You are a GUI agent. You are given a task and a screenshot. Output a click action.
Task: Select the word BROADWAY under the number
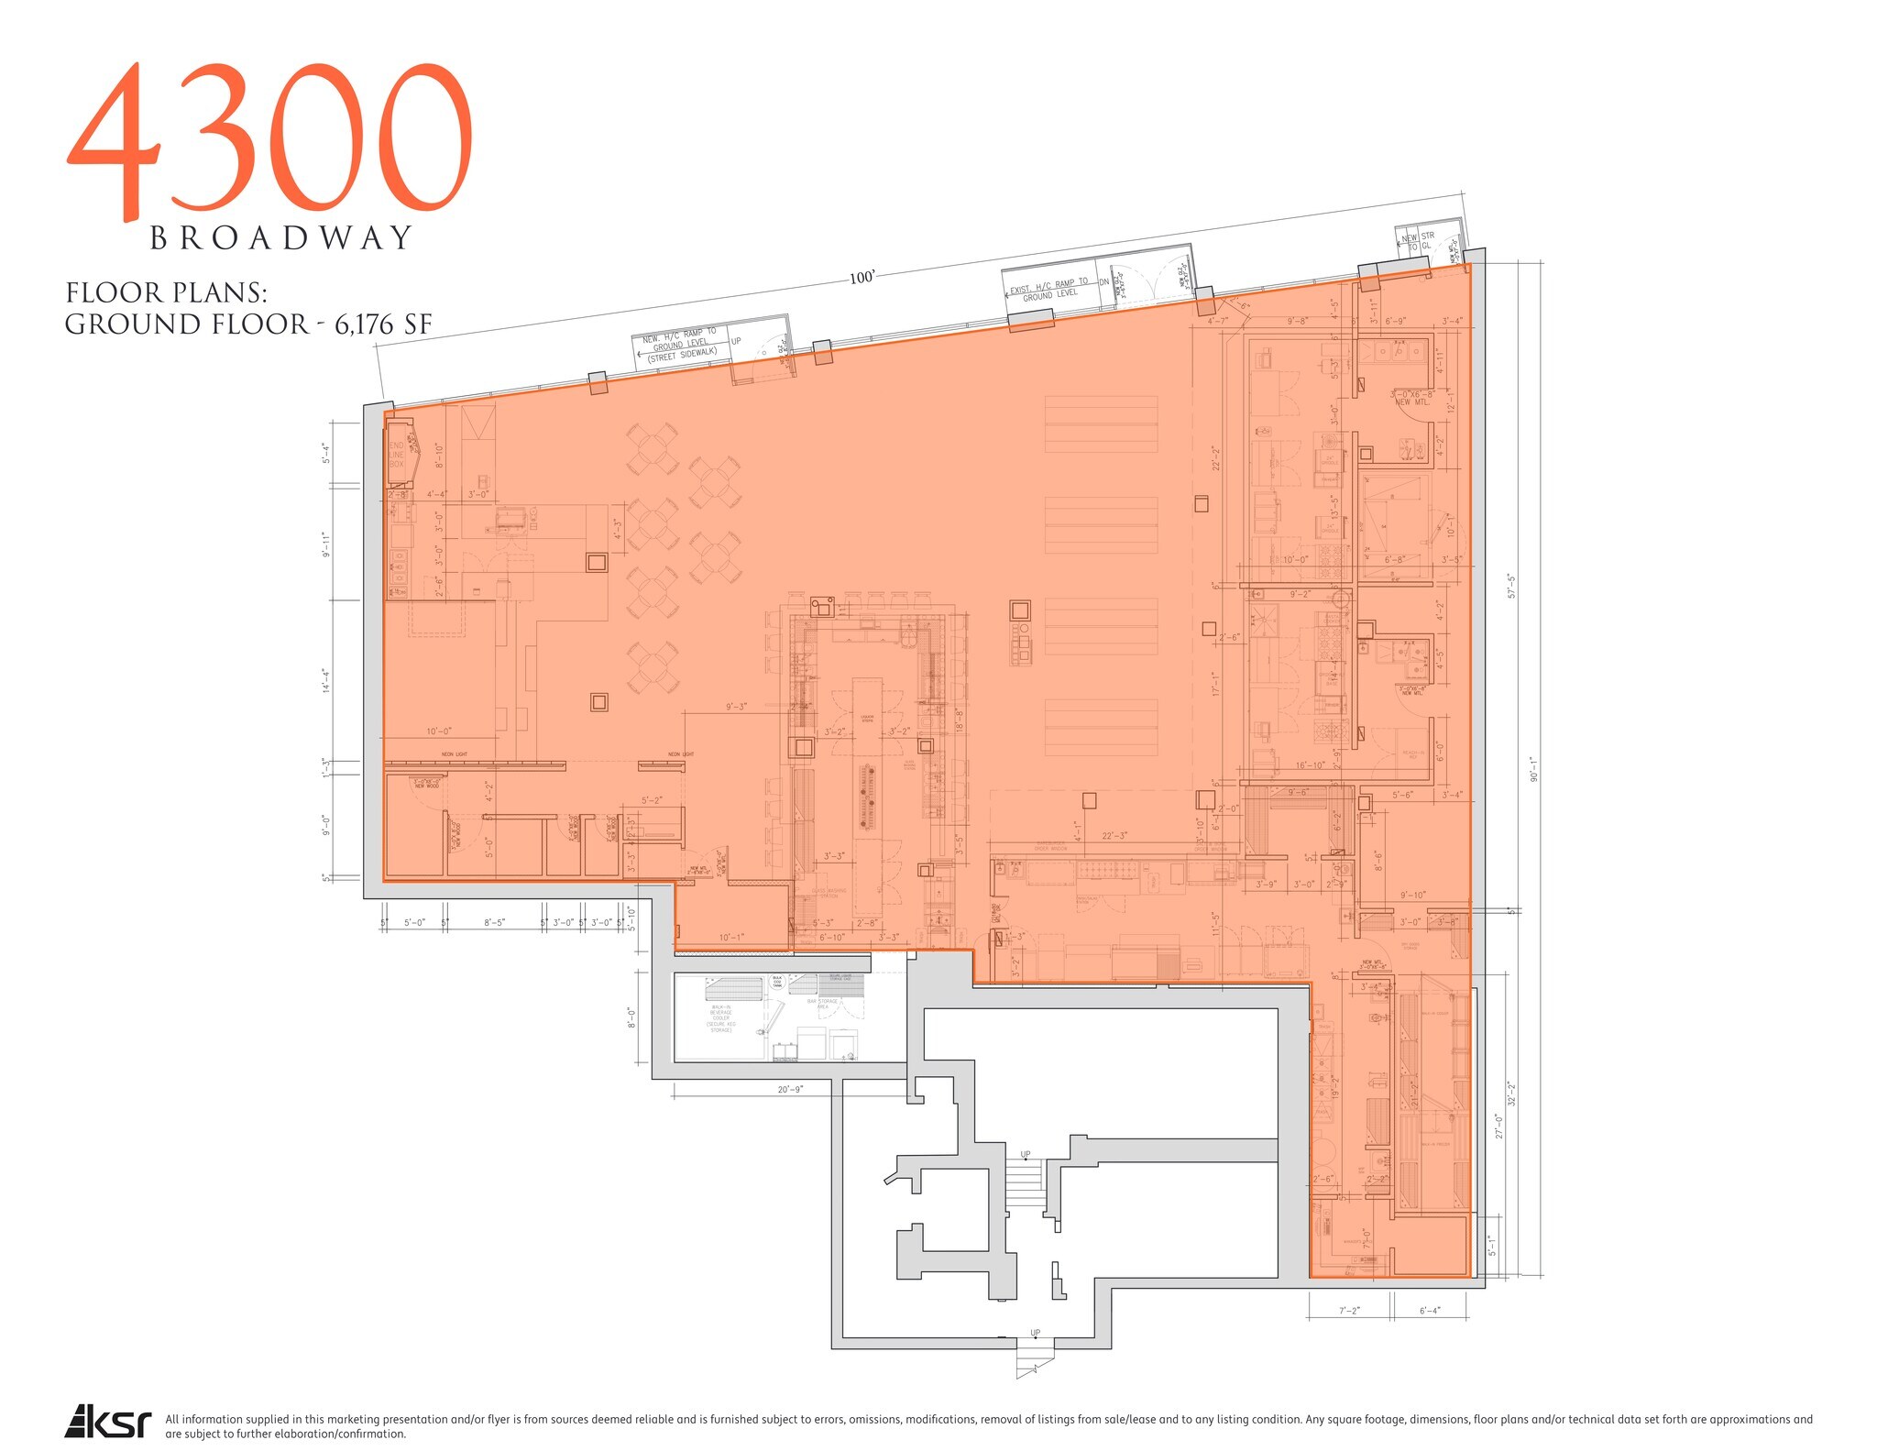tap(282, 238)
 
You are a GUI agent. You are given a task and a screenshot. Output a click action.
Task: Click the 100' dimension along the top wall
tap(862, 277)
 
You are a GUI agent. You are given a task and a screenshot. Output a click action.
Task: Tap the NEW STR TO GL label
tap(1418, 241)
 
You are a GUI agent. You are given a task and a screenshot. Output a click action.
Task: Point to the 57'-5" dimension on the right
tap(1510, 586)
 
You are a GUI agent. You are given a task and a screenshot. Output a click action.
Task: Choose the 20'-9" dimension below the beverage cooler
tap(789, 1089)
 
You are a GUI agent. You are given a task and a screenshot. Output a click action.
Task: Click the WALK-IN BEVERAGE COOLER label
tap(721, 1017)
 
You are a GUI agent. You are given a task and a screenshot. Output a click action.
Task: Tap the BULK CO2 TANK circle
tap(777, 982)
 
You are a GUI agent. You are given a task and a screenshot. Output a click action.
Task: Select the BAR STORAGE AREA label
tap(828, 1004)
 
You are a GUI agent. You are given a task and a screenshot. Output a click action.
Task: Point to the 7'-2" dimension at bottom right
tap(1348, 1311)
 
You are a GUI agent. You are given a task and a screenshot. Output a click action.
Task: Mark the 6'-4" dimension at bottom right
tap(1430, 1311)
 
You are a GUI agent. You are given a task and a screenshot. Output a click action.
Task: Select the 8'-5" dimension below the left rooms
tap(494, 923)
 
